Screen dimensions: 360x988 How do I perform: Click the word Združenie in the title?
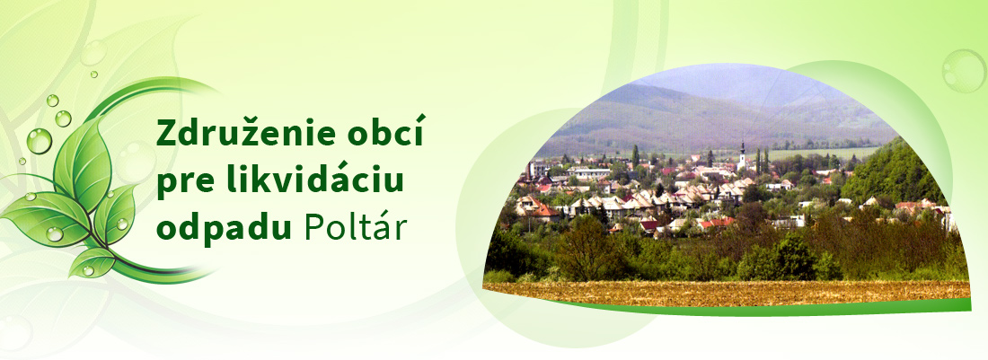(241, 135)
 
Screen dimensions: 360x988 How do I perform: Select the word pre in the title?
(181, 182)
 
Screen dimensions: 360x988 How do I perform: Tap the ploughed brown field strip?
(719, 292)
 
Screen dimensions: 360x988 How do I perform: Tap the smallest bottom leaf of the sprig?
(94, 261)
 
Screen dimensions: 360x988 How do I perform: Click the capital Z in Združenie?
(166, 135)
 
